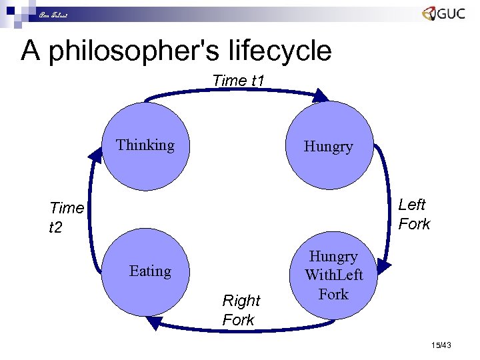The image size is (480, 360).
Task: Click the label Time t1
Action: (239, 81)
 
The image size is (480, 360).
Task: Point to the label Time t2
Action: (66, 217)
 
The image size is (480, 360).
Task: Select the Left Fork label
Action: (414, 214)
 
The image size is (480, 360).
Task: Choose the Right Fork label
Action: (241, 310)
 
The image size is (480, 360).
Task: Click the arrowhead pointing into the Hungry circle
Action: (321, 95)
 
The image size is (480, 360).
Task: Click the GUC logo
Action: (443, 15)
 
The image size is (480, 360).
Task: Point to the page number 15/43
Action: (441, 345)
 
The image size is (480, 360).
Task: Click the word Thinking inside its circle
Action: (145, 145)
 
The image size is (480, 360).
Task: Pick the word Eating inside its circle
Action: (150, 271)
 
